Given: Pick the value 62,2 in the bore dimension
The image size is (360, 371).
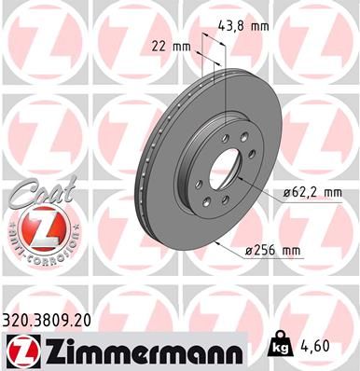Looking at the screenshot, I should tap(301, 192).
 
